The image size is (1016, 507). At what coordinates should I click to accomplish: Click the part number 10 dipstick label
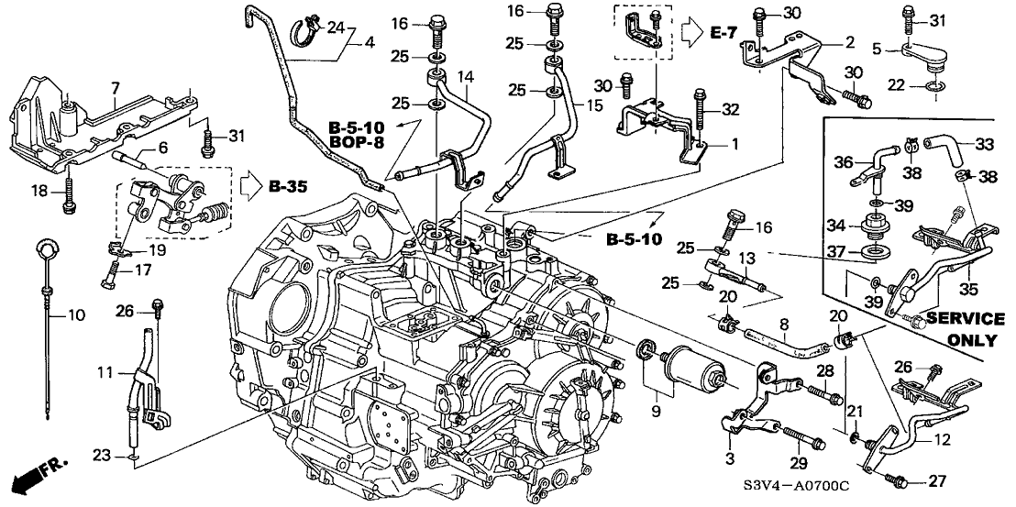coord(75,315)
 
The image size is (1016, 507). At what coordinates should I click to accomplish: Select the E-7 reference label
coord(725,33)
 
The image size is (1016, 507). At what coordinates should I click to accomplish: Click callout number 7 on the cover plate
coord(115,87)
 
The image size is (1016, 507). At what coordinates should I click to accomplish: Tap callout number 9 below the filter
coord(657,412)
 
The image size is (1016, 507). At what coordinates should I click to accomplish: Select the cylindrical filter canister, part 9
coord(694,369)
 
